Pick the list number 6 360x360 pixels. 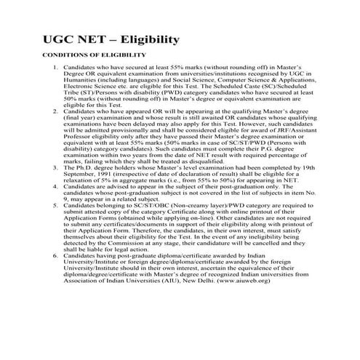coord(57,257)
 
